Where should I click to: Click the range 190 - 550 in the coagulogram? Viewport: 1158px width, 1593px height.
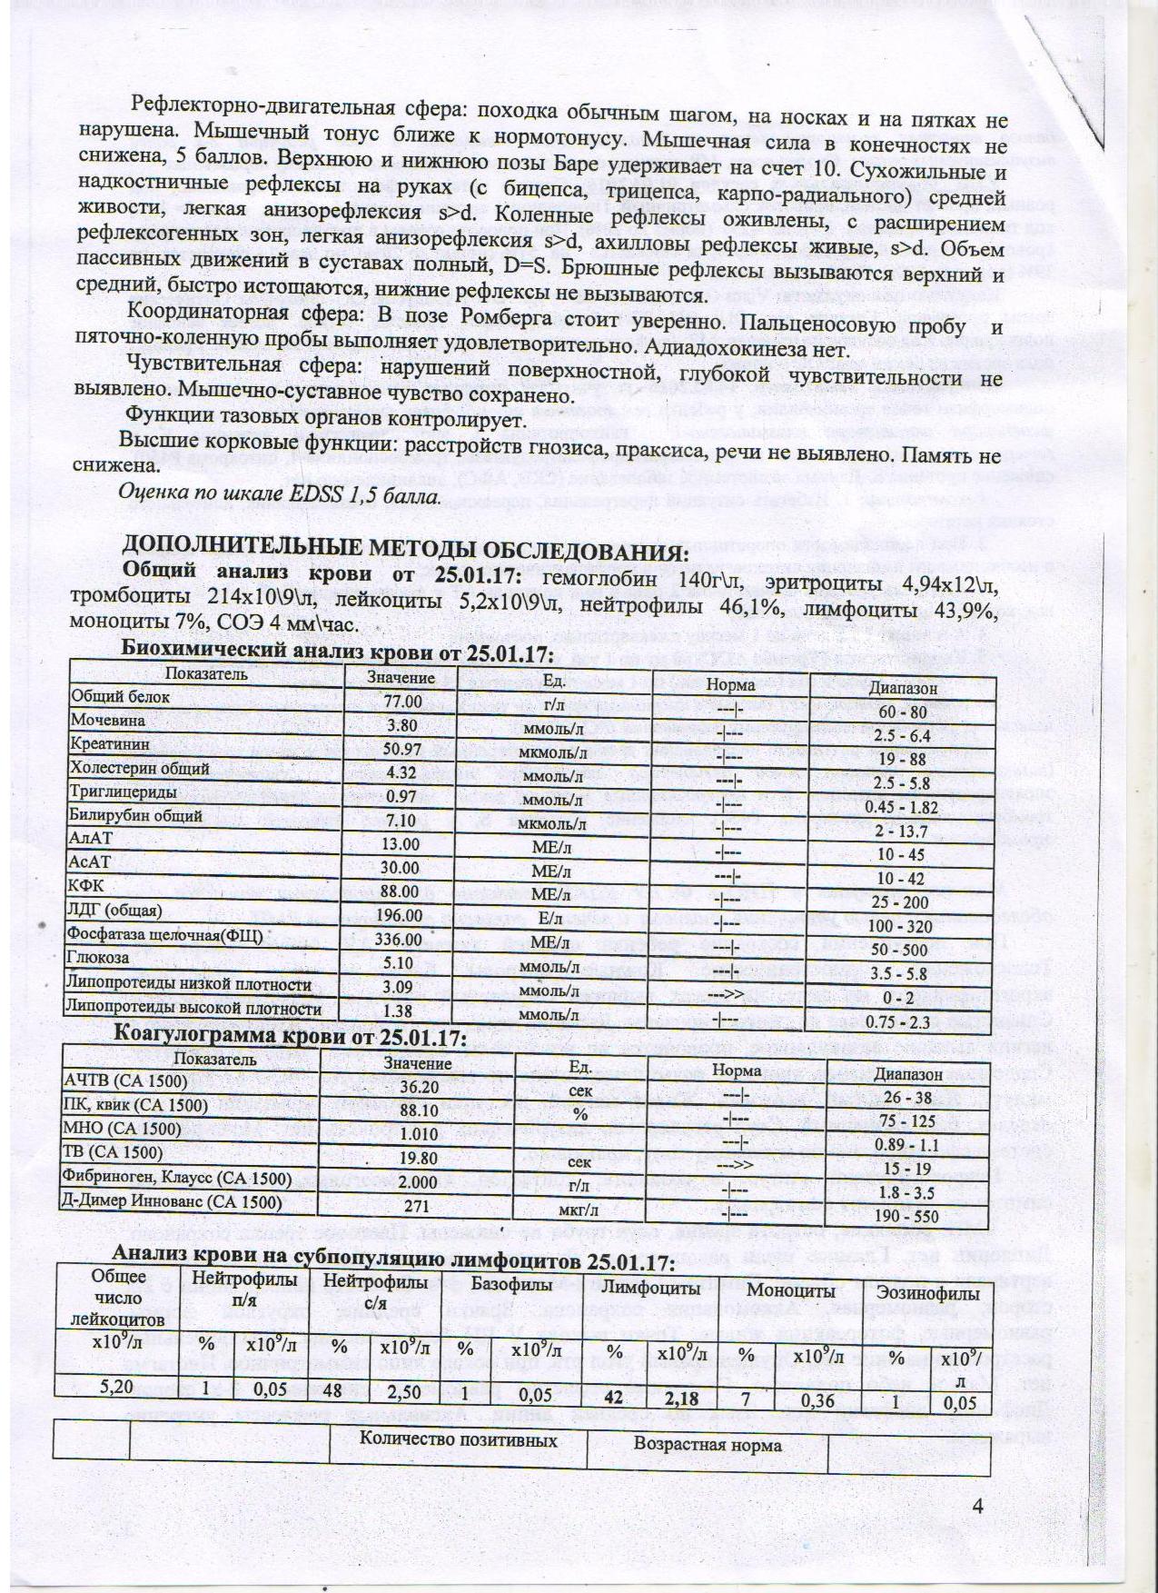[x=908, y=1215]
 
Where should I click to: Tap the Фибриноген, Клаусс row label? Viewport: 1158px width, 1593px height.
[x=176, y=1180]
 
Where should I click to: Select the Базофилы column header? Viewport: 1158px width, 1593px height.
[x=512, y=1286]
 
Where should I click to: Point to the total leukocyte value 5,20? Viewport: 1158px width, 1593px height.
[x=114, y=1387]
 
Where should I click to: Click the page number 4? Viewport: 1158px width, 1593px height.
[x=978, y=1506]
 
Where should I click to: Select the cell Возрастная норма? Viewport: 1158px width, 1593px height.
[x=708, y=1445]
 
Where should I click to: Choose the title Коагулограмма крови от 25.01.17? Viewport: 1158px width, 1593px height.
[x=289, y=1037]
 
